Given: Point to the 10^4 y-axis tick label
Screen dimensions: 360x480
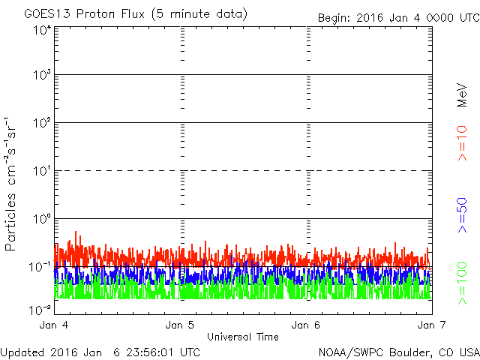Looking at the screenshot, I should [x=41, y=30].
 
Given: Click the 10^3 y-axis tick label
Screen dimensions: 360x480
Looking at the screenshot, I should [x=41, y=76].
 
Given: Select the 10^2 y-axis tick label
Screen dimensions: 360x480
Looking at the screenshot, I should [x=41, y=124].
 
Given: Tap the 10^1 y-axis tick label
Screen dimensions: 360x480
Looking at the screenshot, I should [x=41, y=172].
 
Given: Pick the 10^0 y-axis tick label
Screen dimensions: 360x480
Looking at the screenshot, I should [x=41, y=220].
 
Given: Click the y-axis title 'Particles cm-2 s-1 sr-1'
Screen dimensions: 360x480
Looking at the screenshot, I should [x=12, y=184].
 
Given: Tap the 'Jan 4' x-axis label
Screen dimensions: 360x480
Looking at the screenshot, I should [x=55, y=325].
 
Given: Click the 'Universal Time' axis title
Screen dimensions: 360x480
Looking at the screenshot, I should [x=243, y=337].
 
